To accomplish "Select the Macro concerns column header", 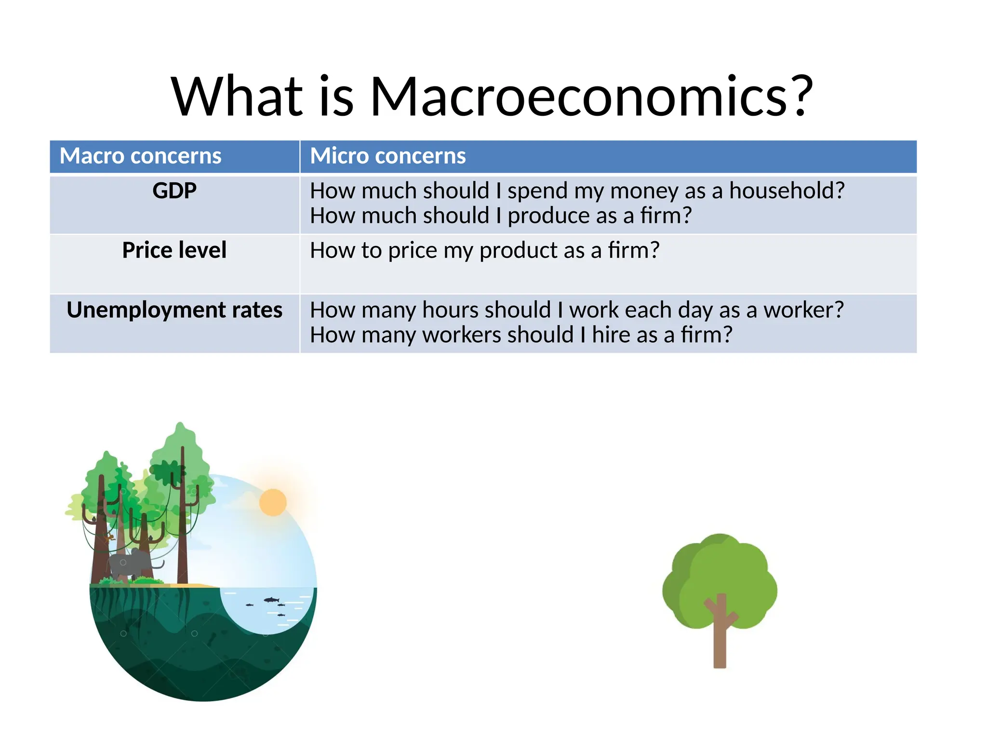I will click(x=140, y=156).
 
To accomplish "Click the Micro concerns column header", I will click(x=387, y=156).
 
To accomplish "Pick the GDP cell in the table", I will click(x=174, y=191).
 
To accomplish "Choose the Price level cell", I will click(x=174, y=250).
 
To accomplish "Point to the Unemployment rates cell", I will click(x=174, y=310).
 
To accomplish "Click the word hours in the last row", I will click(x=451, y=310).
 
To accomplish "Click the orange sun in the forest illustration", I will click(x=273, y=502).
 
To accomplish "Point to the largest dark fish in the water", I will click(x=271, y=600).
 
